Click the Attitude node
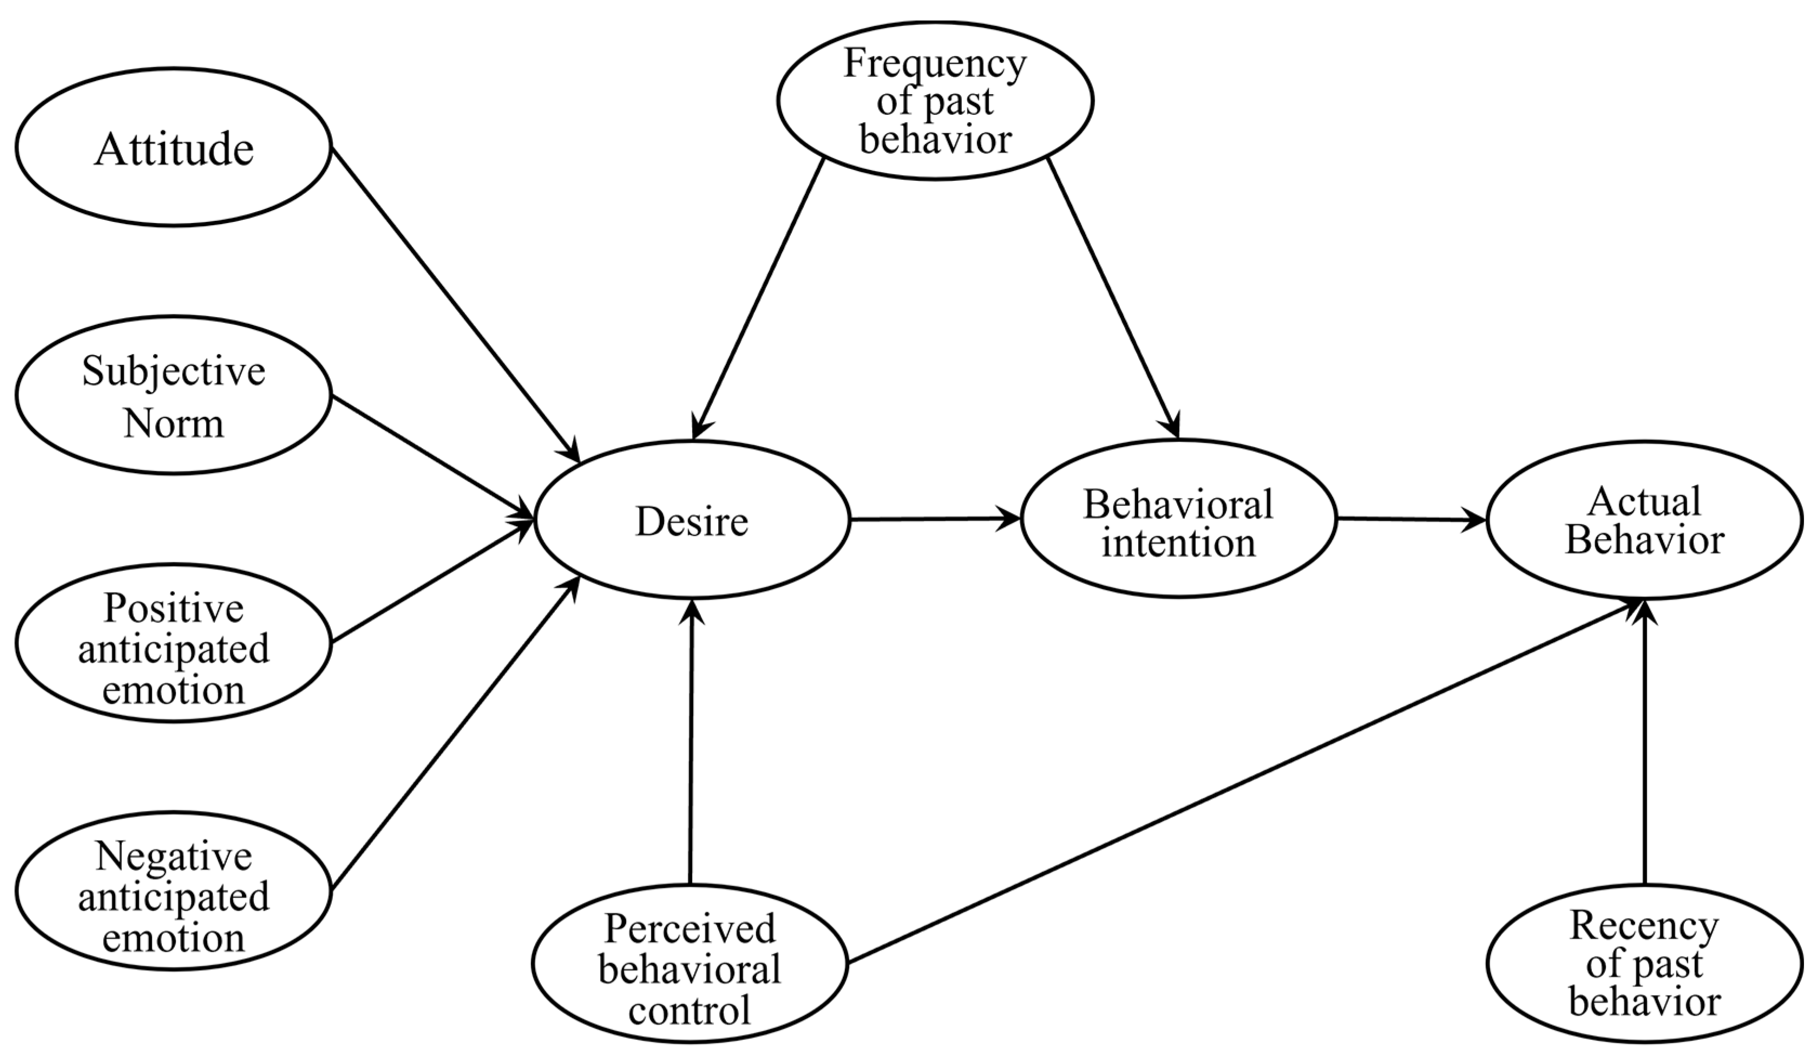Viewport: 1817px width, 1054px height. (173, 148)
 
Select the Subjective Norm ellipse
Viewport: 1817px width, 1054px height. (173, 395)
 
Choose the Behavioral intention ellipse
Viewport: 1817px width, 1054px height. (1179, 519)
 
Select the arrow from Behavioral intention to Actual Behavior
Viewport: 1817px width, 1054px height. (1409, 519)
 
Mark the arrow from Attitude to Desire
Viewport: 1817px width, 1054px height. (454, 303)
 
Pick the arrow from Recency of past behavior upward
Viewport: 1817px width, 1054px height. (1645, 743)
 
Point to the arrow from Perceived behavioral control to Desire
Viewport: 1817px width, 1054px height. (691, 743)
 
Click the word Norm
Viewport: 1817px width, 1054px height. (173, 423)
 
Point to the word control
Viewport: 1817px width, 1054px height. (690, 1009)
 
